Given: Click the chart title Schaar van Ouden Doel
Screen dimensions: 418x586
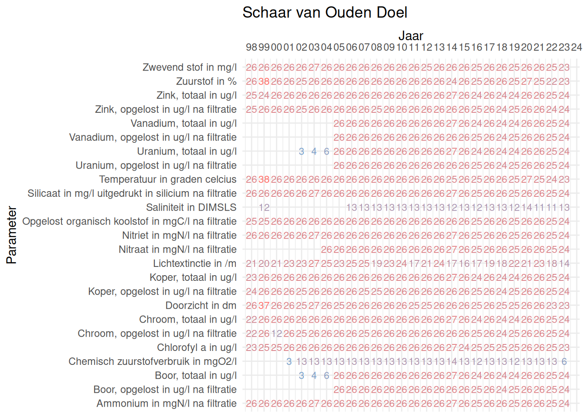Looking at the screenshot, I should [325, 13].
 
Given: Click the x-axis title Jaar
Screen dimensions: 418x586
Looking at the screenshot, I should [411, 36].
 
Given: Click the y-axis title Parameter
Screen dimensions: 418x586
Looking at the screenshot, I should [12, 235].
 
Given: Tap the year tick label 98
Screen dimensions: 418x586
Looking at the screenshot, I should [252, 47].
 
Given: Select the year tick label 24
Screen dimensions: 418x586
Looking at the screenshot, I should [576, 47].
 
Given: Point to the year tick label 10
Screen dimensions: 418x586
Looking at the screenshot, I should [402, 47].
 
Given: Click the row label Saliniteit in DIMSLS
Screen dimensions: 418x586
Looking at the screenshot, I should [191, 207].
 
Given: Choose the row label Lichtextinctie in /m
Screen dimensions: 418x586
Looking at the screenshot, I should [194, 263].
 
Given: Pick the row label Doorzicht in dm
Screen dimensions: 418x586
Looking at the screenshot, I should [201, 306].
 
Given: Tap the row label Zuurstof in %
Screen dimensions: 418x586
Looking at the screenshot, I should [206, 81].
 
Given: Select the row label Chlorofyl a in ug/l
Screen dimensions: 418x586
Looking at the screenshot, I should [197, 347].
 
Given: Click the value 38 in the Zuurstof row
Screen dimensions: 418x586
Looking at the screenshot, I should [264, 81].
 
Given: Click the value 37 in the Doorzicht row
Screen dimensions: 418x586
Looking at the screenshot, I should [264, 306].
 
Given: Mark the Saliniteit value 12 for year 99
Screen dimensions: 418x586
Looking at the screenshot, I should [264, 207].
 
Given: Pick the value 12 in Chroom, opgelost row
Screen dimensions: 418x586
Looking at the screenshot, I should [276, 334].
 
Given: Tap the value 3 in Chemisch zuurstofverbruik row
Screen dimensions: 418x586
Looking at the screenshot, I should [289, 361].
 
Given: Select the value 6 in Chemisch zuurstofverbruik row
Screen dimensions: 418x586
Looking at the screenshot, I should [564, 361].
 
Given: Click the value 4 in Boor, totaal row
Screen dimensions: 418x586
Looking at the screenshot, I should [314, 375].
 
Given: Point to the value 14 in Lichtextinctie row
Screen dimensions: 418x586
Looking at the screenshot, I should [564, 263].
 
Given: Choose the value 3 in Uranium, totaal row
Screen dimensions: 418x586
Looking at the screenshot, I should [301, 152].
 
